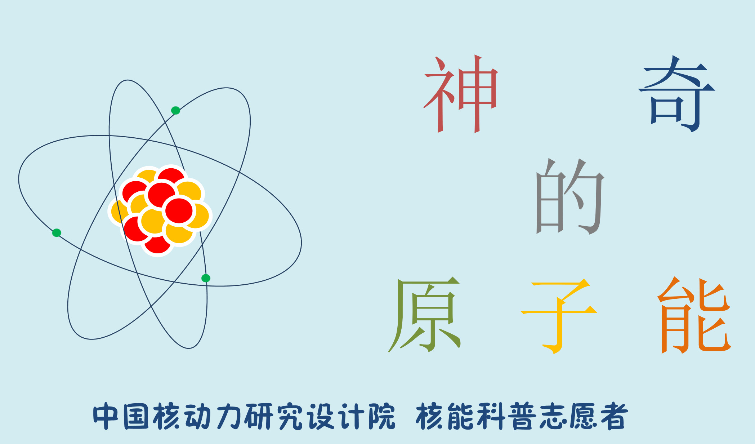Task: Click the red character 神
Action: pos(461,94)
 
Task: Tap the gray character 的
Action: pos(570,196)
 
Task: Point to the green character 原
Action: pos(424,314)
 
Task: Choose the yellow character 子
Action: pos(559,316)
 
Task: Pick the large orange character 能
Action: pos(694,315)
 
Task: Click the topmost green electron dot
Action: pos(175,110)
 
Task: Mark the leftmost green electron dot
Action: pos(57,233)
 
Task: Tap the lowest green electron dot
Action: pos(206,278)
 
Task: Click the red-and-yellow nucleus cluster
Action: pos(160,211)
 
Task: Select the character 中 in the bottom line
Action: pos(106,417)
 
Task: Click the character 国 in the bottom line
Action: pos(136,417)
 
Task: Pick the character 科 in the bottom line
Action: pos(491,417)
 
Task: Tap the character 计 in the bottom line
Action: pos(351,417)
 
